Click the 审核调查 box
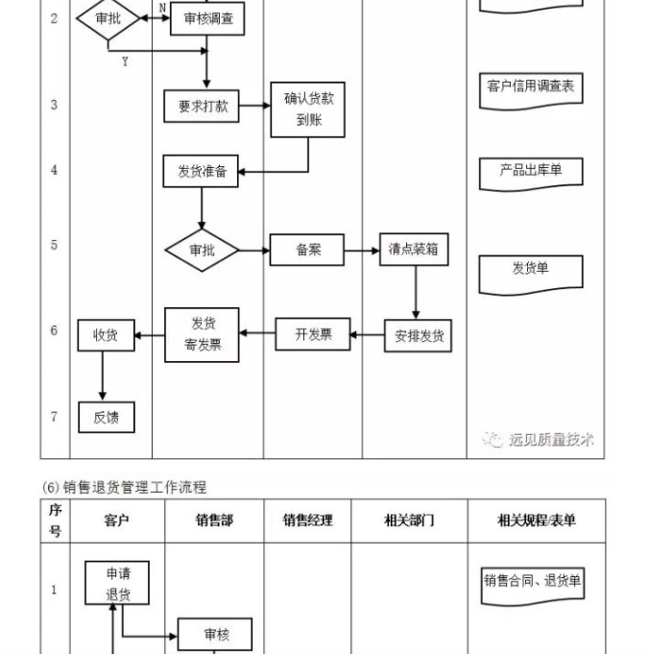(x=207, y=18)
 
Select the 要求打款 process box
(x=202, y=107)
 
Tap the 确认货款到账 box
(x=308, y=109)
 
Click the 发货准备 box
(x=201, y=171)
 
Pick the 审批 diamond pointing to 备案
(x=202, y=250)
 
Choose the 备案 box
(x=307, y=251)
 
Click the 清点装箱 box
(x=414, y=250)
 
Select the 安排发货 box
(x=418, y=335)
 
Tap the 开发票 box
(x=313, y=334)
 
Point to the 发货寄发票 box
(x=202, y=334)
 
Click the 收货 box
(x=106, y=334)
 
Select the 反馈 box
(x=106, y=417)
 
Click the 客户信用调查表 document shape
(x=530, y=88)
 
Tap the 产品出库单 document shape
(x=530, y=172)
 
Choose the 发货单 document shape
(x=530, y=272)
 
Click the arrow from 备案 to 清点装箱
(x=362, y=251)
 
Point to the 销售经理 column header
(x=307, y=521)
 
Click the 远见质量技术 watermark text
(x=550, y=440)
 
